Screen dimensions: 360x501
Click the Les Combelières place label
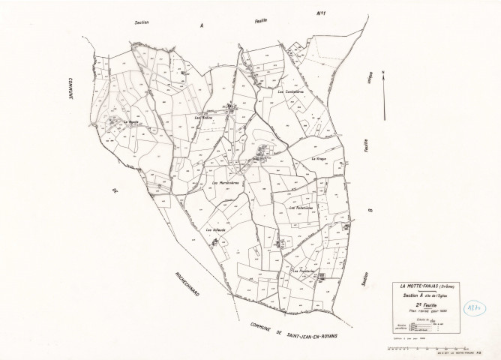[x=290, y=91]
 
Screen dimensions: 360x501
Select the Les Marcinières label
[x=226, y=185]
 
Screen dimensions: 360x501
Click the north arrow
[x=383, y=95]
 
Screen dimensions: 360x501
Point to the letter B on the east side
[x=368, y=211]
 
